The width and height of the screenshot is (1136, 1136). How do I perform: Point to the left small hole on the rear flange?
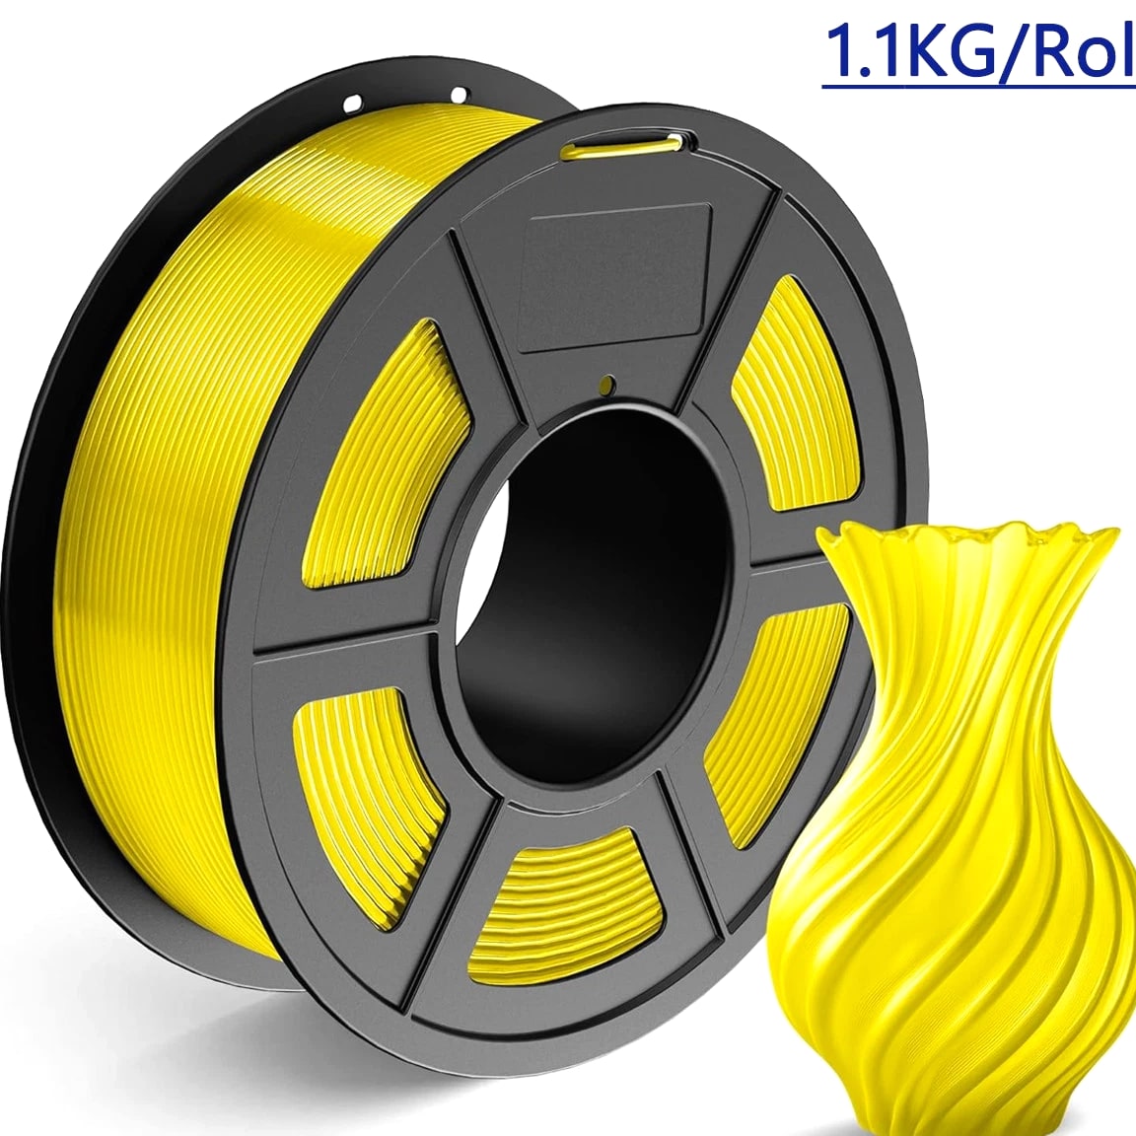pos(353,104)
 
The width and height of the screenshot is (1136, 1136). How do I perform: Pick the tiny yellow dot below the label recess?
pos(608,384)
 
